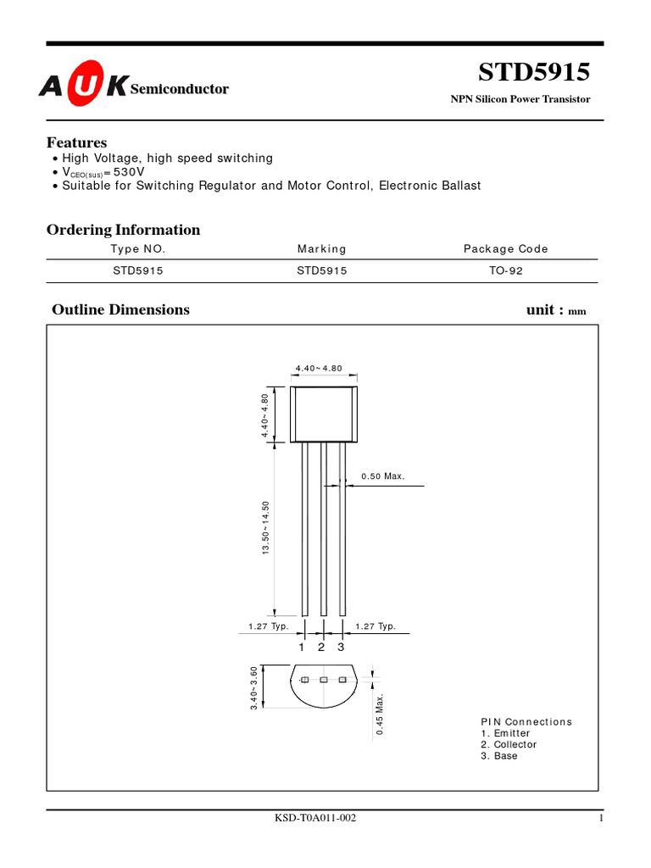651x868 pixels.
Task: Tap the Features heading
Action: (x=76, y=142)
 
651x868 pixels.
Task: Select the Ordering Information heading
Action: (x=123, y=230)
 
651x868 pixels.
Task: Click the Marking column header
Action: (x=321, y=249)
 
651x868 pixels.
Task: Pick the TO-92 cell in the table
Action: (x=505, y=271)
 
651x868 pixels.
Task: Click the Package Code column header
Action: (x=505, y=249)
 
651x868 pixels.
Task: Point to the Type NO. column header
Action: (x=138, y=249)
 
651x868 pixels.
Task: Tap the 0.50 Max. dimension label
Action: (x=383, y=476)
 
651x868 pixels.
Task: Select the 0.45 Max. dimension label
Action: (x=381, y=715)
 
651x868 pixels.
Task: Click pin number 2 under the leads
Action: (x=322, y=648)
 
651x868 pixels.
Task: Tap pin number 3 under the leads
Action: (x=342, y=648)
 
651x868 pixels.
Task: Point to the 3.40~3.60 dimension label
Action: (x=253, y=688)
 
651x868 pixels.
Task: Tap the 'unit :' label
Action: (x=544, y=309)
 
